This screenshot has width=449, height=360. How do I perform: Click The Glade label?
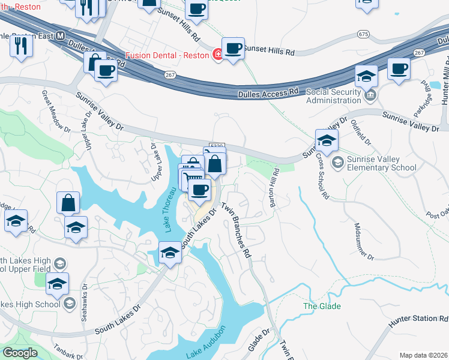pos(322,306)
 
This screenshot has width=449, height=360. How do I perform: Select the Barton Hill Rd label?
pos(276,188)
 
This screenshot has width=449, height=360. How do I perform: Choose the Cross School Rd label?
pos(322,179)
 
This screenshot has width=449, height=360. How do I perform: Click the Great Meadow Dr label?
pos(52,110)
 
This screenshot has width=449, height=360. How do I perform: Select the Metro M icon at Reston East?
pos(60,36)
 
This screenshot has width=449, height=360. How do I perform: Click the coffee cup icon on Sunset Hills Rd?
pos(233,49)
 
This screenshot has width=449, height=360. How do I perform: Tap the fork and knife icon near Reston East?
pos(21,46)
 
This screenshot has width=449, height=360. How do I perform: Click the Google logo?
pos(20,353)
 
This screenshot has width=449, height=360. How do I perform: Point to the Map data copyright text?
pos(424,355)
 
